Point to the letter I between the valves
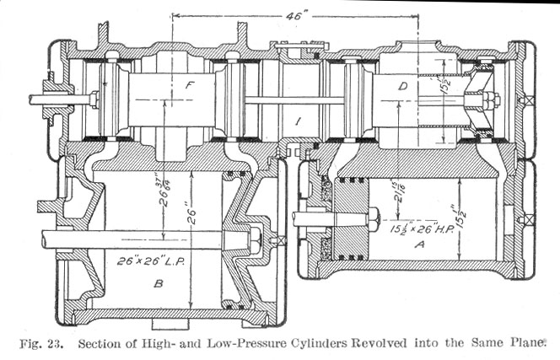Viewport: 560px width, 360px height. [297, 122]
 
